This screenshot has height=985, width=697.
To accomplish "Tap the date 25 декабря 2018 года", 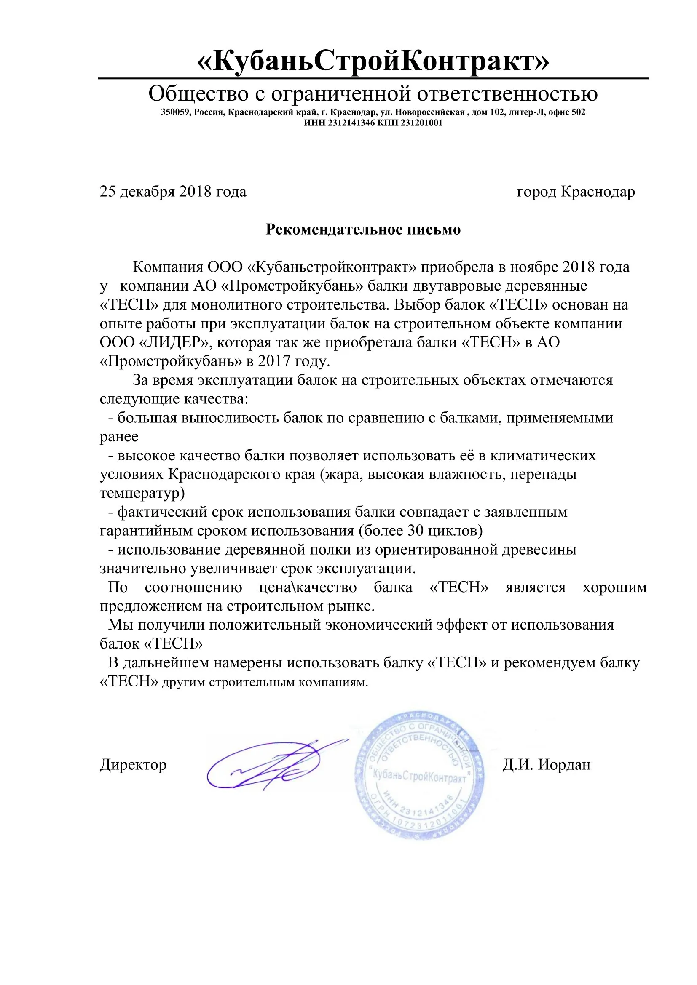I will (x=173, y=192).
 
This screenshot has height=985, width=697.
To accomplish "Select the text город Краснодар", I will (x=576, y=192).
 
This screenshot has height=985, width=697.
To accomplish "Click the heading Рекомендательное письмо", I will (x=363, y=230).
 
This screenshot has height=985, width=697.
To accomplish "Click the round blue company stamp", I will (x=419, y=775).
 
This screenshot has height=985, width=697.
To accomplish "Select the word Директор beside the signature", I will (x=133, y=765).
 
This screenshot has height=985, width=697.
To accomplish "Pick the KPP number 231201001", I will (x=421, y=123).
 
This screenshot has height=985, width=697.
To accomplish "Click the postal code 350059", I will (x=175, y=112).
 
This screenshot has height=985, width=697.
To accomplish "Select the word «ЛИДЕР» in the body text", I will (x=176, y=342).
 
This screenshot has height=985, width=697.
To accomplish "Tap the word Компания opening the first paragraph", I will (x=168, y=267).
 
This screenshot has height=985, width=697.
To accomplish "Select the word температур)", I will (x=142, y=494).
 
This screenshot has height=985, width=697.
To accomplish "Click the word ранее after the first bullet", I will (x=119, y=437).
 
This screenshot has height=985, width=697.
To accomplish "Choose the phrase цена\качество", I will (x=308, y=587).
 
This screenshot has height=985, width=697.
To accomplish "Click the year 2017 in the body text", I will (x=274, y=361).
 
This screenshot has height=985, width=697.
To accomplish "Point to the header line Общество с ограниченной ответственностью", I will (x=373, y=93).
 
